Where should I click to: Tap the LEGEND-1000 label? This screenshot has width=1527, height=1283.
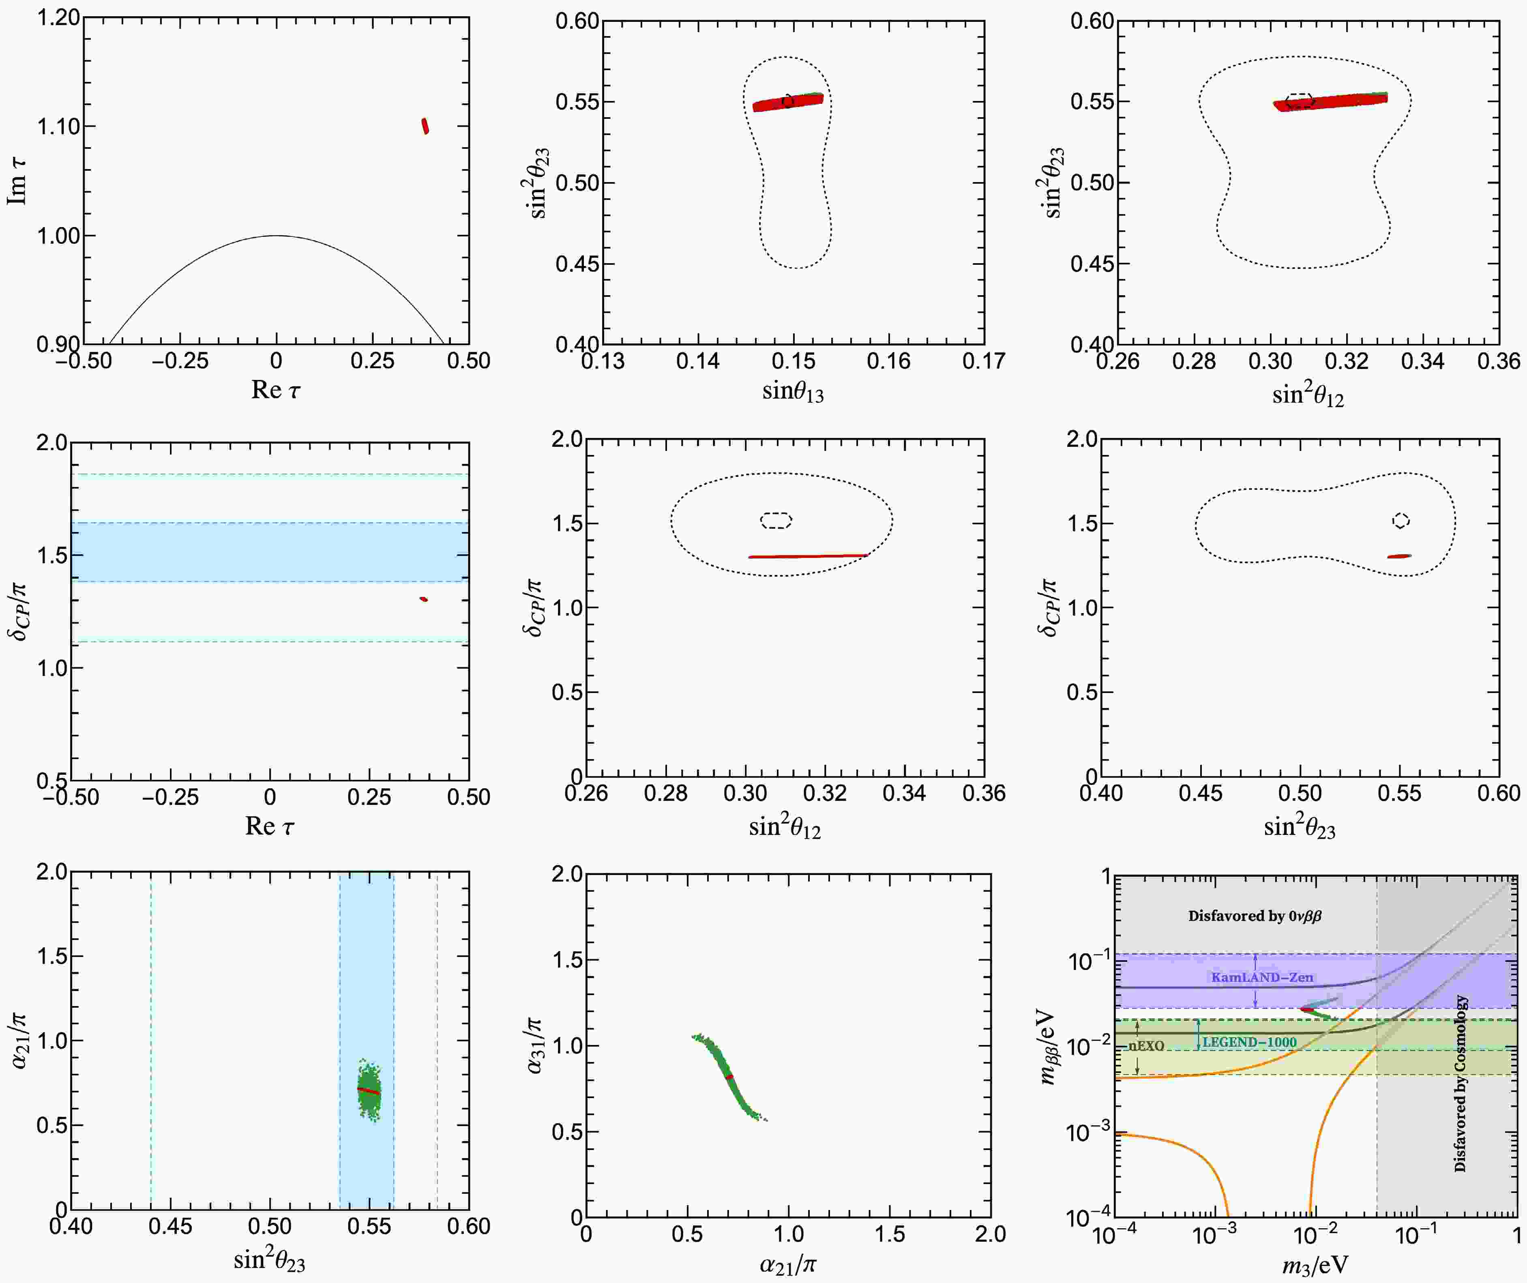point(1249,1042)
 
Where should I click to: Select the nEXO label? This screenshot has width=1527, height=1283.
point(1147,1046)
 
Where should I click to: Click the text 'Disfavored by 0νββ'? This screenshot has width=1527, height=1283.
point(1255,916)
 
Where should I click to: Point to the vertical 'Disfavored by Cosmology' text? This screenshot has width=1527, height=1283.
point(1460,1084)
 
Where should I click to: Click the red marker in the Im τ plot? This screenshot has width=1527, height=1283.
point(425,126)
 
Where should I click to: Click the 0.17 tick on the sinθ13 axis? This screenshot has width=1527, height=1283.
point(983,361)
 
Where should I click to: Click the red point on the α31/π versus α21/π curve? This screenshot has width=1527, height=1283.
point(729,1077)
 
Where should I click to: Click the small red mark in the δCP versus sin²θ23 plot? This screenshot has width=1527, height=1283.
point(1400,556)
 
